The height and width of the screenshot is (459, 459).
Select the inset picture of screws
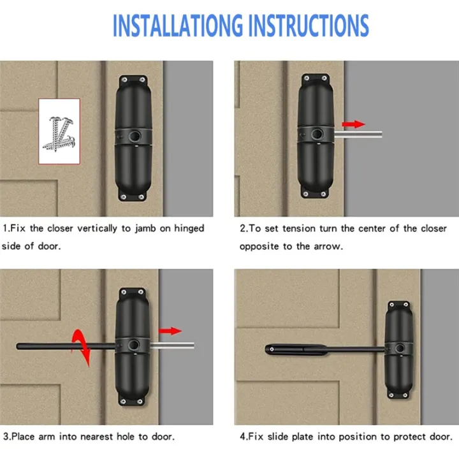[59, 133]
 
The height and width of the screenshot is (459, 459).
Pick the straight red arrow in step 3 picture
[170, 330]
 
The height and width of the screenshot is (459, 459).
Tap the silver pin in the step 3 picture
[171, 346]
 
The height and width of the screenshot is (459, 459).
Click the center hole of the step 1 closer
[133, 136]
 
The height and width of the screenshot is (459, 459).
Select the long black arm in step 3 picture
[64, 346]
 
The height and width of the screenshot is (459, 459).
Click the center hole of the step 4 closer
[400, 349]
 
